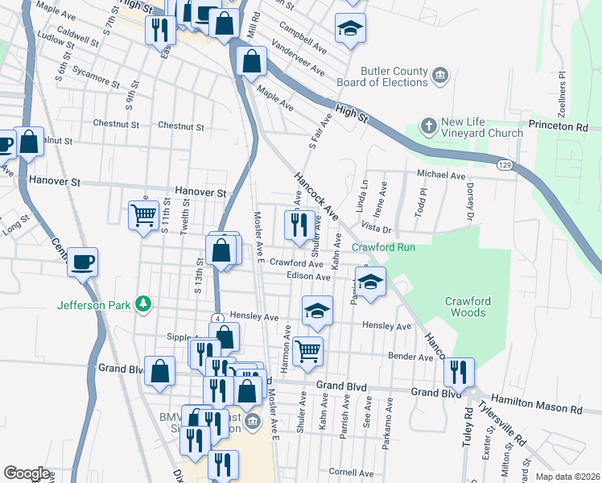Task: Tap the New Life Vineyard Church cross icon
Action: pos(429,126)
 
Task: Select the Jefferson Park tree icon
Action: pos(143,303)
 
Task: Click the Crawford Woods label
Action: pos(468,307)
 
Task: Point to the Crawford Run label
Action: pos(383,247)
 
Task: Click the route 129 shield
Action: pos(505,165)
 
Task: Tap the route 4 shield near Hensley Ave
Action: pos(217,318)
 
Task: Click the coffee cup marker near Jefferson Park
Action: pos(82,261)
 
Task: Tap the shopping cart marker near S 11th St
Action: pos(143,215)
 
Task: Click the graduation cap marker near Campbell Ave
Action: pos(350,27)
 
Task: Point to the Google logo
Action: pos(27,473)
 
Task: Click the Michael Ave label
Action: pos(441,175)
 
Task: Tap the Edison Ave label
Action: pos(309,276)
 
